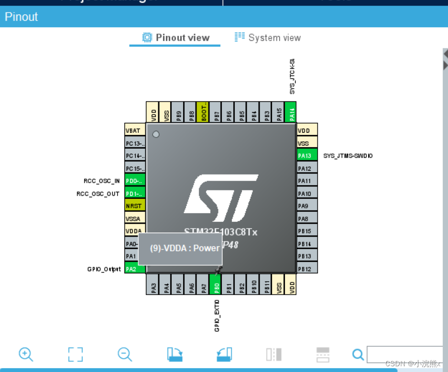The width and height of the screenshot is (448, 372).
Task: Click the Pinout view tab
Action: pos(176,38)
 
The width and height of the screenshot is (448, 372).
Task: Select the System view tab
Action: pos(268,38)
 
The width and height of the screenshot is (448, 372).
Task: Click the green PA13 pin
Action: pos(306,155)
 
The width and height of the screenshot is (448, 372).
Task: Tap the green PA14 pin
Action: pos(290,113)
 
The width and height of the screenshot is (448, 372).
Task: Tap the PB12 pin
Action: pos(306,269)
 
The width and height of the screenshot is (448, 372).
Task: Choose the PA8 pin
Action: pos(306,219)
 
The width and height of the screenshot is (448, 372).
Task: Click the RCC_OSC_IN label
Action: pos(102,181)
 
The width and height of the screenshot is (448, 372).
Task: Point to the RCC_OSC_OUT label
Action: pos(98,194)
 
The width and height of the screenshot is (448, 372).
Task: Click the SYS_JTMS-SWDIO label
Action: pos(348,156)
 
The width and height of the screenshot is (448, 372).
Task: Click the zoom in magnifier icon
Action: pos(26,354)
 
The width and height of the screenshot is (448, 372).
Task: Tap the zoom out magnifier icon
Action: pos(125,354)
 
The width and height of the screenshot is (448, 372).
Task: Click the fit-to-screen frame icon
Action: pos(76,354)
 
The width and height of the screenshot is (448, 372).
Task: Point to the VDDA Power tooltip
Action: pos(180,249)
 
